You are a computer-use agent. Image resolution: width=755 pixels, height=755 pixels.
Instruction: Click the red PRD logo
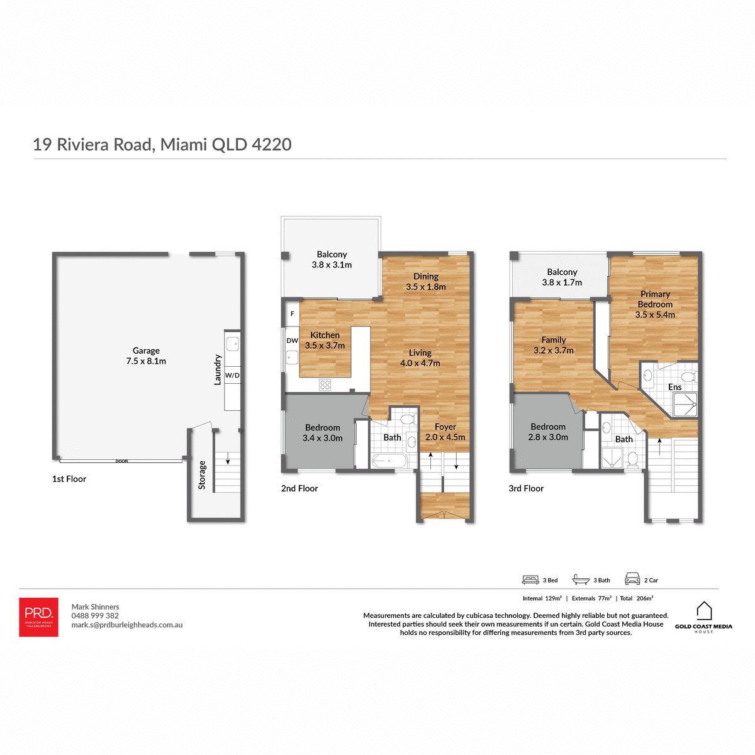[38, 617]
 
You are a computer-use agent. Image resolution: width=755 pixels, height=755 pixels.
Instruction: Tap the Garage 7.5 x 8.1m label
[146, 356]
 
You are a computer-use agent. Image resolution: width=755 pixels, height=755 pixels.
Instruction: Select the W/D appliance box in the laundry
[232, 375]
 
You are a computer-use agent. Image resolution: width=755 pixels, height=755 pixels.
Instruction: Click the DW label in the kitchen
[292, 340]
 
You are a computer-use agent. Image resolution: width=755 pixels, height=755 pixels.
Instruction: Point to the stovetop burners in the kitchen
[325, 384]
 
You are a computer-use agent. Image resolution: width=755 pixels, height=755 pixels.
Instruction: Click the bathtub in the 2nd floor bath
[388, 461]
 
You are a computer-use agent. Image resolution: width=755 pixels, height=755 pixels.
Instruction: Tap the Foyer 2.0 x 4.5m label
[445, 432]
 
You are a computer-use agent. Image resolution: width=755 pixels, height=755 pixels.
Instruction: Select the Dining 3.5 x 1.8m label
[425, 281]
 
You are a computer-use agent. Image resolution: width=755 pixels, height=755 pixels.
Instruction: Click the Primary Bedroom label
[655, 304]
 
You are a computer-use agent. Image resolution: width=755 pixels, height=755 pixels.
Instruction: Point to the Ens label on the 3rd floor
[674, 387]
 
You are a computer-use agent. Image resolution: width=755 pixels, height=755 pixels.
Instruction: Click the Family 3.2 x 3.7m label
[553, 345]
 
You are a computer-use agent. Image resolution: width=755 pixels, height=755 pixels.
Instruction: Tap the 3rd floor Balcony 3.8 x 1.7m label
[562, 277]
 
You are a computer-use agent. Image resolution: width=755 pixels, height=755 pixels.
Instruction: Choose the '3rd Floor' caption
[526, 488]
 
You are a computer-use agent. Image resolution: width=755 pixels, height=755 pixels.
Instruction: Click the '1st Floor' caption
[69, 479]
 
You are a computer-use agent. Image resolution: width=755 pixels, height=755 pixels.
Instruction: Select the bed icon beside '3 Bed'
[530, 579]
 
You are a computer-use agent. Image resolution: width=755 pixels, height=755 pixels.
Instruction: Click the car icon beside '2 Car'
[632, 579]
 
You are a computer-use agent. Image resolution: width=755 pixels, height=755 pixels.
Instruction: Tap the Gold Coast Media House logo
[703, 617]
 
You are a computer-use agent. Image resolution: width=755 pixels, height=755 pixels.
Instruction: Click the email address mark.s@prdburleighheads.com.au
[127, 625]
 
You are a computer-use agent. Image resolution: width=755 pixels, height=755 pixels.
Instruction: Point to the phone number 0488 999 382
[95, 616]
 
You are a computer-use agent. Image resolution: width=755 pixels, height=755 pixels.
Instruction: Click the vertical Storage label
[202, 475]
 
